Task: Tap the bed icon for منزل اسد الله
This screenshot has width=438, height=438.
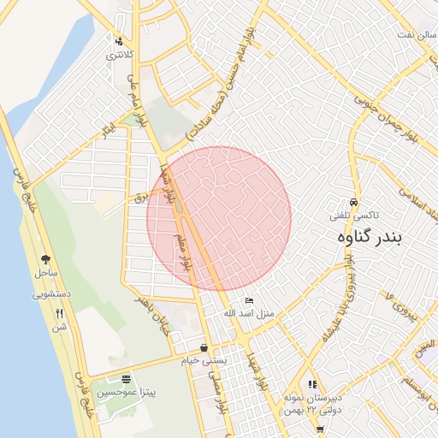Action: click(x=249, y=300)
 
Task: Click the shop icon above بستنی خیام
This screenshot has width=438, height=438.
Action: click(x=204, y=347)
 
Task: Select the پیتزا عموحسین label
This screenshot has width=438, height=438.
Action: click(x=126, y=392)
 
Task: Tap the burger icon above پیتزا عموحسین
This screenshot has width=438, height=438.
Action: click(x=126, y=378)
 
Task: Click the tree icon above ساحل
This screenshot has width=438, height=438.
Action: click(x=45, y=259)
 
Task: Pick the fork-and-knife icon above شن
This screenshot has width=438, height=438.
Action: click(x=59, y=313)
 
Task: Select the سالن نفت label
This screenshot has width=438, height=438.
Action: click(x=414, y=33)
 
